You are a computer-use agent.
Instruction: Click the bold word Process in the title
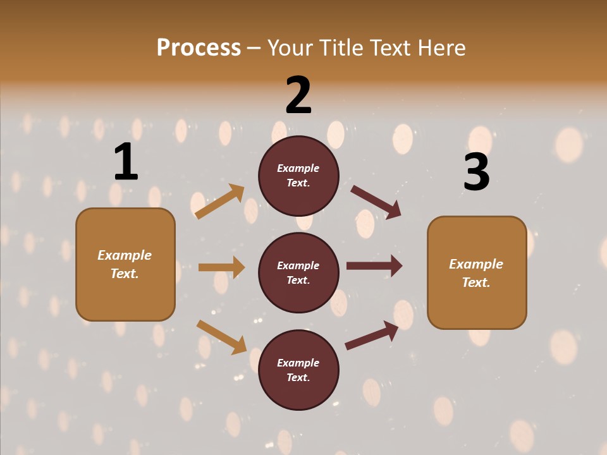click(x=199, y=47)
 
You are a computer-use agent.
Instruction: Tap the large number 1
click(x=126, y=162)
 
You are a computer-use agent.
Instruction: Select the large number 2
click(x=298, y=95)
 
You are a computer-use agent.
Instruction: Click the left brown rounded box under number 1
click(x=125, y=264)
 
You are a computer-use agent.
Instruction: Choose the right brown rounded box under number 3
click(x=477, y=273)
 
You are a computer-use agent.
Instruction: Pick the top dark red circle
click(x=298, y=176)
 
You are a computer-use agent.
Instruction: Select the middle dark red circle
click(x=298, y=272)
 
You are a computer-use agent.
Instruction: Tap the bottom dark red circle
click(x=298, y=370)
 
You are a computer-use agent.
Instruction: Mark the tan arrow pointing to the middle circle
click(x=221, y=267)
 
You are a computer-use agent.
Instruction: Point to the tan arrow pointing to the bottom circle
click(x=221, y=337)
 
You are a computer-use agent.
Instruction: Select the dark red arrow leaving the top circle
click(x=376, y=202)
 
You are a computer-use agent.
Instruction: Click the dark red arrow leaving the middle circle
click(x=374, y=266)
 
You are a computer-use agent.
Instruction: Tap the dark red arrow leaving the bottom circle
click(x=372, y=335)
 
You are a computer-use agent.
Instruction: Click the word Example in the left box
click(x=125, y=255)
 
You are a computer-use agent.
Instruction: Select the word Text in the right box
click(x=475, y=282)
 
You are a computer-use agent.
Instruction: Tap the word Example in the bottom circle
click(x=298, y=363)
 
